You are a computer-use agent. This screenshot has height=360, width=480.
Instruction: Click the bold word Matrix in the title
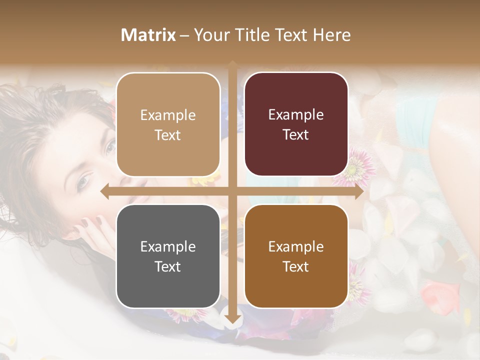[148, 35]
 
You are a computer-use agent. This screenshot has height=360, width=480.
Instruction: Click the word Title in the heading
[261, 35]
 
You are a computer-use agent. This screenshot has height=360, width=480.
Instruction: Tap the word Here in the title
[332, 35]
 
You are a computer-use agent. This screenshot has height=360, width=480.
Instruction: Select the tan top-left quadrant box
[168, 125]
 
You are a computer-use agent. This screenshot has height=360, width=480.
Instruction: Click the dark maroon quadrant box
[296, 125]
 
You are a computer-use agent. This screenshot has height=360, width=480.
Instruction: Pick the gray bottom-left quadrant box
[168, 256]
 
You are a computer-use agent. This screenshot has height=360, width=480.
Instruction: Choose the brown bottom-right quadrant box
[296, 256]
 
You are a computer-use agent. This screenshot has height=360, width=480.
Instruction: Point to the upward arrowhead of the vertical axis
[232, 64]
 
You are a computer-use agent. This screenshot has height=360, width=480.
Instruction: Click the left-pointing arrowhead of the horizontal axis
[104, 191]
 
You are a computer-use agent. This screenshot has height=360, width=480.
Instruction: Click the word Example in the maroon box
[296, 115]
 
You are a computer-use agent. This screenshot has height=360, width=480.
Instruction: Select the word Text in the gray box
[168, 266]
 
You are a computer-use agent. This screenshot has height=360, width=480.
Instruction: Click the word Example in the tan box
[168, 115]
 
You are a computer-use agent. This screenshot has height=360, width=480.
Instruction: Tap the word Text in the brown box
[296, 266]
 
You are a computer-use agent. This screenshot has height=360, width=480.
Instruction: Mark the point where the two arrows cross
[232, 191]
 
